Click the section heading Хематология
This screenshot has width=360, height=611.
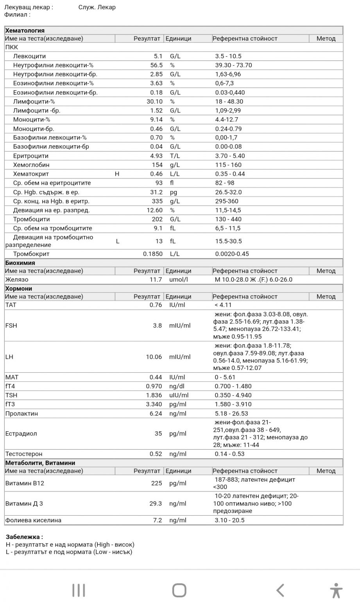(x=25, y=30)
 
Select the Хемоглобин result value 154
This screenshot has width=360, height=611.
(x=156, y=165)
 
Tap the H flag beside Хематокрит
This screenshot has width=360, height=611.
(x=117, y=174)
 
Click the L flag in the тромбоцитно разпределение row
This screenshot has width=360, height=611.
(x=118, y=241)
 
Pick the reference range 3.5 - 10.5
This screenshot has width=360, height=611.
(x=228, y=56)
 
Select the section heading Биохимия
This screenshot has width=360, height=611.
(x=20, y=263)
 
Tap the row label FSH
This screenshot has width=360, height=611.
(x=11, y=325)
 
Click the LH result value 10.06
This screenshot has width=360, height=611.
(x=154, y=357)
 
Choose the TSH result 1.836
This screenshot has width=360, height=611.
(x=154, y=395)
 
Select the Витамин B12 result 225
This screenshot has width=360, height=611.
(x=156, y=483)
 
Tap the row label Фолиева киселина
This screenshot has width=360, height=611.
(x=33, y=520)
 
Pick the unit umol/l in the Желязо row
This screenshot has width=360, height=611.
(x=179, y=280)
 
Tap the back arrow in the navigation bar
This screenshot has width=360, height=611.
(x=280, y=590)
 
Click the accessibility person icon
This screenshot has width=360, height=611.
(x=335, y=590)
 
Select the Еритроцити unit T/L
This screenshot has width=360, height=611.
(x=174, y=156)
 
